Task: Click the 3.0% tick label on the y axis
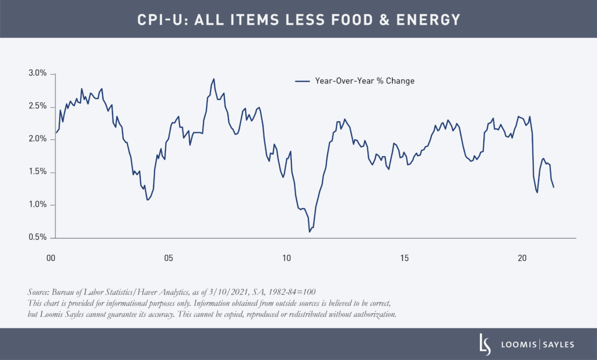point(37,73)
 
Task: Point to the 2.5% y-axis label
point(37,106)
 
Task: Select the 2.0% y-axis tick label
point(37,139)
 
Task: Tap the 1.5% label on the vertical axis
point(37,172)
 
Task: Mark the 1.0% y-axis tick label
point(37,204)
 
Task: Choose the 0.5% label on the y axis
point(37,237)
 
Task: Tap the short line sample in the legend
point(303,81)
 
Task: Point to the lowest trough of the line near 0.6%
point(310,232)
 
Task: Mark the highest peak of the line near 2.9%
point(213,79)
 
